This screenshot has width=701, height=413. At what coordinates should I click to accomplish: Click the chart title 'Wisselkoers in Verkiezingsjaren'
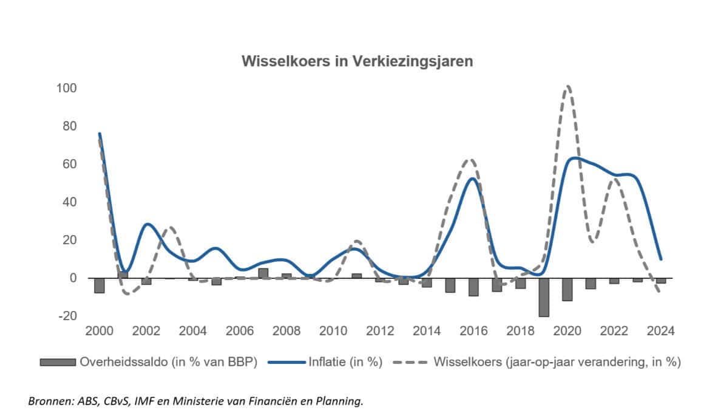[x=357, y=61]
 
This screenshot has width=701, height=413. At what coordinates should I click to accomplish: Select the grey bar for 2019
[x=544, y=297]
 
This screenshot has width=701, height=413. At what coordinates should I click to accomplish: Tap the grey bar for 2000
[x=99, y=285]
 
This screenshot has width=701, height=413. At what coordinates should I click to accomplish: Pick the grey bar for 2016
[x=473, y=287]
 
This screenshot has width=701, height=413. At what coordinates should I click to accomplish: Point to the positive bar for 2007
[x=263, y=273]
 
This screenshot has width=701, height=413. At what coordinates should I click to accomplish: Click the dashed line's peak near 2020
[x=567, y=87]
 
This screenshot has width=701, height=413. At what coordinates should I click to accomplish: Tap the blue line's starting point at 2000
[x=99, y=134]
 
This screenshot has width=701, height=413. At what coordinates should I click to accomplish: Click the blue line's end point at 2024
[x=661, y=259]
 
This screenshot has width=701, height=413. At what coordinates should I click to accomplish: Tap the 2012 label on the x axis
[x=380, y=331]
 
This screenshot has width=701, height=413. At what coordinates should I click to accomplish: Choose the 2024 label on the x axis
[x=661, y=331]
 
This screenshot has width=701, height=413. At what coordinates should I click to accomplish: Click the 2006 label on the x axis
[x=240, y=331]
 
